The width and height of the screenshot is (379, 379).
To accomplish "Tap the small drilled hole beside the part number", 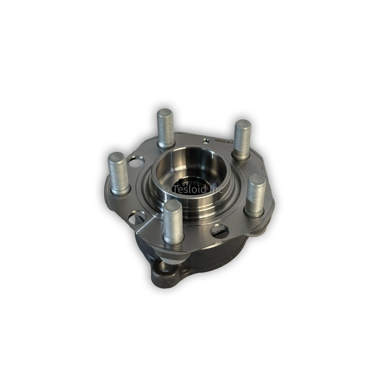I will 205,141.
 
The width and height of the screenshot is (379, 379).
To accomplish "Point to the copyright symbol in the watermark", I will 165,189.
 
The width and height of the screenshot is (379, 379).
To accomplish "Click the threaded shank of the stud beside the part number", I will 242,140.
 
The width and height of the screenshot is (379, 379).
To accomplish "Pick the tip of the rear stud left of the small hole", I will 165,113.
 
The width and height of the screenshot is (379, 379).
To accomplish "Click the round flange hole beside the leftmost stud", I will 136,162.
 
